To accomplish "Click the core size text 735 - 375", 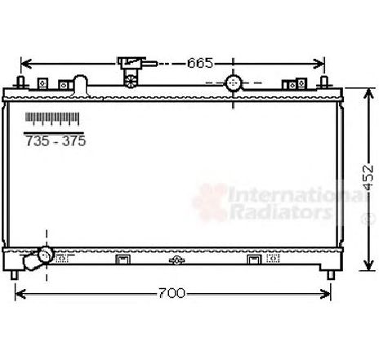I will coord(55,141).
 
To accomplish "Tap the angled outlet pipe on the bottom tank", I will coord(38,259).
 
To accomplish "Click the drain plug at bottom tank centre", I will coord(175,260).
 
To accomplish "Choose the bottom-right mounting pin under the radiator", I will coord(330,275).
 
